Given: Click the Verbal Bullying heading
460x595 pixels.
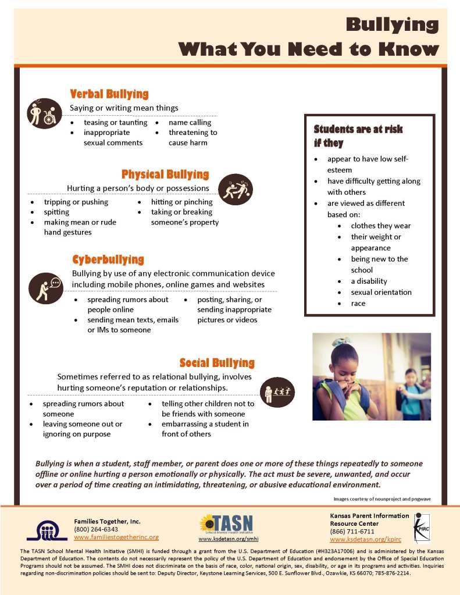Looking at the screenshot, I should pos(109,94).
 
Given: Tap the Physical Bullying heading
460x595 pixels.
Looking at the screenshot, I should pos(165,174).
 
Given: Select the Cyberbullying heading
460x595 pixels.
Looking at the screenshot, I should pos(108,259).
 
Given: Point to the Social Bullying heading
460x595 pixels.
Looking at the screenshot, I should pos(217,363).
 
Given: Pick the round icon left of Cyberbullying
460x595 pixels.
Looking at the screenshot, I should pos(45,287).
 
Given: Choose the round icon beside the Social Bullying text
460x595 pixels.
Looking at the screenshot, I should pos(277,391).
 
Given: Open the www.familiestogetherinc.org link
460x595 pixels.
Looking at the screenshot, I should pos(116,537).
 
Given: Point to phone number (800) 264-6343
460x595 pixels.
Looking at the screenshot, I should pos(96,529).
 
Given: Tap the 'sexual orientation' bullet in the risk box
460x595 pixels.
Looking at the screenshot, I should pos(381,293).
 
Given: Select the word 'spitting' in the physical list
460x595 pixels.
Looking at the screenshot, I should pos(56,212).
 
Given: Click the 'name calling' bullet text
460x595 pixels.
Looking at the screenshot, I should pos(190,123).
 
